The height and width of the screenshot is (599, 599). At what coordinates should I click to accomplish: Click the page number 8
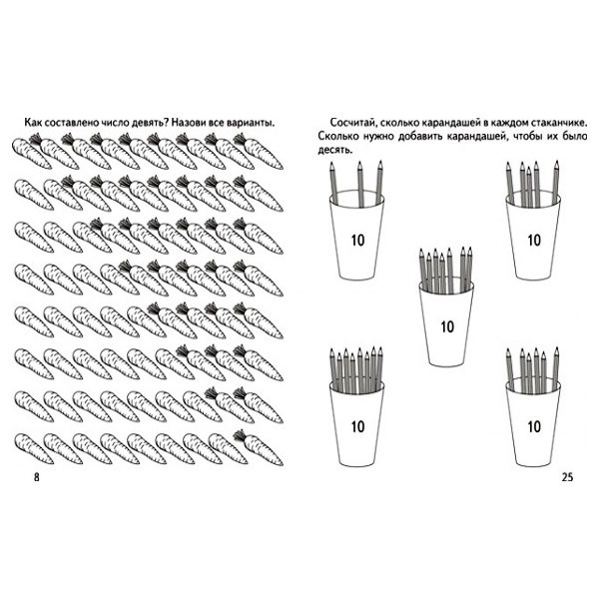37,477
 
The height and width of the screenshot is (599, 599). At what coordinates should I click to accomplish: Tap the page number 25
567,477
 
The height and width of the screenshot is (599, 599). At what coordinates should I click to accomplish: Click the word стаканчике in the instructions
559,123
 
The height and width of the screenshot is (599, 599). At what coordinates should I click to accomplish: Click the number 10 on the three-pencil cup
358,241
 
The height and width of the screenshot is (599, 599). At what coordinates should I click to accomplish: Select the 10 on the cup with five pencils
534,241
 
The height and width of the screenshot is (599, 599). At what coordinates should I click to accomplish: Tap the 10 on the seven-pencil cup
447,327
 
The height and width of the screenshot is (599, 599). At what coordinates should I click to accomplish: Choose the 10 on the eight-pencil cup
358,426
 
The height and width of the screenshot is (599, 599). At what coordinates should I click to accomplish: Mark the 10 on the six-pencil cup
534,426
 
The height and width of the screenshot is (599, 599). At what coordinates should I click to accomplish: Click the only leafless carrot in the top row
31,153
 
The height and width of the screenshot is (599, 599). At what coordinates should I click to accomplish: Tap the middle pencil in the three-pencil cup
360,184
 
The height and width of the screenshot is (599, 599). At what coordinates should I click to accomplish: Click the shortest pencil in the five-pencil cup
529,186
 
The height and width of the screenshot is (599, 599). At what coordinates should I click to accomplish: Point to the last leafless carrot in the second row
62,195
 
